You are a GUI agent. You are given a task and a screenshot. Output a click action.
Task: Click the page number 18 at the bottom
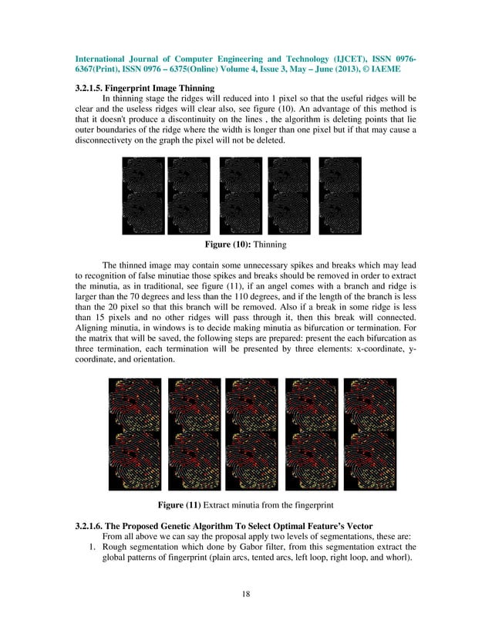[245, 595]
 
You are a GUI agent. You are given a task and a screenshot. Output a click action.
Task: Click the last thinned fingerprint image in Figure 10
[339, 196]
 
